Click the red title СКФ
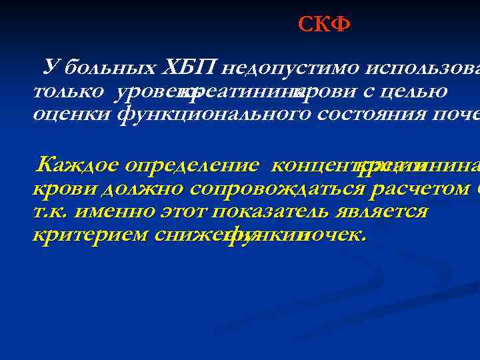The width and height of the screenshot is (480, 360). [324, 25]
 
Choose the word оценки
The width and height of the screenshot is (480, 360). [72, 114]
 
